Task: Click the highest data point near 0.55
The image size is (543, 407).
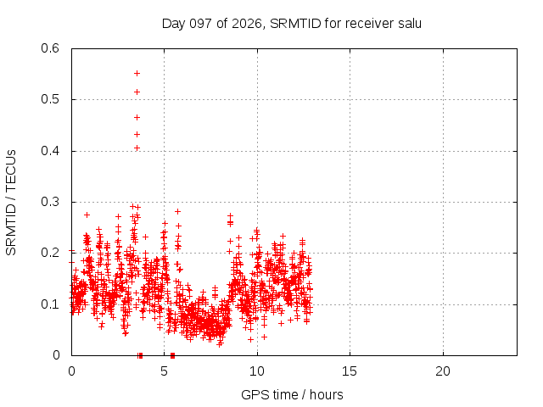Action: tap(137, 74)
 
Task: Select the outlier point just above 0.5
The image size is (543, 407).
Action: tap(137, 92)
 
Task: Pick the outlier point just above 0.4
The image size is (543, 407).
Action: tap(137, 148)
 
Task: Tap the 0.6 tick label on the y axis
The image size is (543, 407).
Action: tap(50, 48)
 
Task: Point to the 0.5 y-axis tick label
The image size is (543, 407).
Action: tap(50, 99)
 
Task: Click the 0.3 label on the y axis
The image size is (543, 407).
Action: tap(50, 202)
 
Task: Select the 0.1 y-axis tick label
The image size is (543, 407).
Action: tap(50, 304)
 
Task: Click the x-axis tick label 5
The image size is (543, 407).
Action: tap(164, 371)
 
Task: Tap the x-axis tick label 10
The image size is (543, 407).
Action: tap(257, 371)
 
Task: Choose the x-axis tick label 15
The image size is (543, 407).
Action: tap(350, 371)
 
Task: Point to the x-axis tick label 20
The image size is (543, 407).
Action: tap(443, 371)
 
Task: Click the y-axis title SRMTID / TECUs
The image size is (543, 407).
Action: tap(11, 203)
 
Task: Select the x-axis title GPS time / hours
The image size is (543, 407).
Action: tap(292, 395)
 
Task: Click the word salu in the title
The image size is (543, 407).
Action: tap(410, 24)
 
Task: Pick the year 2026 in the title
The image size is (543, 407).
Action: tap(247, 24)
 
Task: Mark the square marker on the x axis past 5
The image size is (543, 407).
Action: tap(173, 355)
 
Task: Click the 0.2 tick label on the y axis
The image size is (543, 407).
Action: tap(50, 253)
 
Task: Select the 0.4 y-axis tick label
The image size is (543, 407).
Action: tap(50, 151)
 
